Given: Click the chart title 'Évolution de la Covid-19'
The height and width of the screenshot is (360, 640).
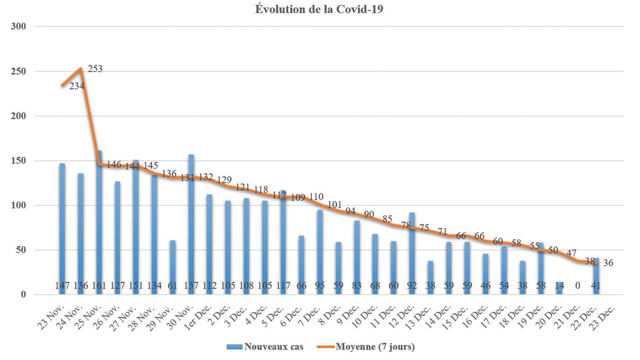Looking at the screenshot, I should [319, 9].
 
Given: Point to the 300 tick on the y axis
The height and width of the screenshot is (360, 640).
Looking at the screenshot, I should [19, 26].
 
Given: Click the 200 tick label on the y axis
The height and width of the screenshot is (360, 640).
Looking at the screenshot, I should [19, 116].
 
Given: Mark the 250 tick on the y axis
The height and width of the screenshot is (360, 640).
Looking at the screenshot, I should [19, 71].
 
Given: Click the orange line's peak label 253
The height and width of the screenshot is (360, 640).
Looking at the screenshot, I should [95, 69].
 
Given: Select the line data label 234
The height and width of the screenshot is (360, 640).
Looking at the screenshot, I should [76, 86].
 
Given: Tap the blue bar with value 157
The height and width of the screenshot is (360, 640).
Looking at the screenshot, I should [191, 220].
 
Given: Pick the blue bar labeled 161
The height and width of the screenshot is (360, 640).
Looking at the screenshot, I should [99, 220].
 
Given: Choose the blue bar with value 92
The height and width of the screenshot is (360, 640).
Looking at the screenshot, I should [412, 250].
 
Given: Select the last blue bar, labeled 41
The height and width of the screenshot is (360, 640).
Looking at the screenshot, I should [595, 272].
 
